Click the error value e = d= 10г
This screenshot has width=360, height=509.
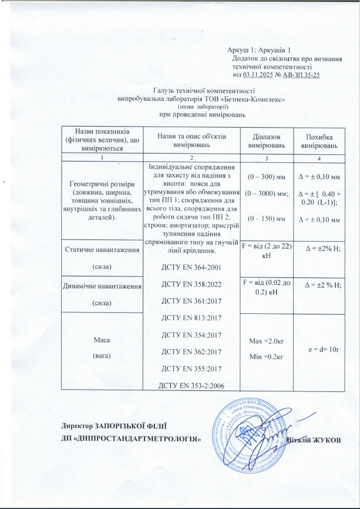click(318, 349)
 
